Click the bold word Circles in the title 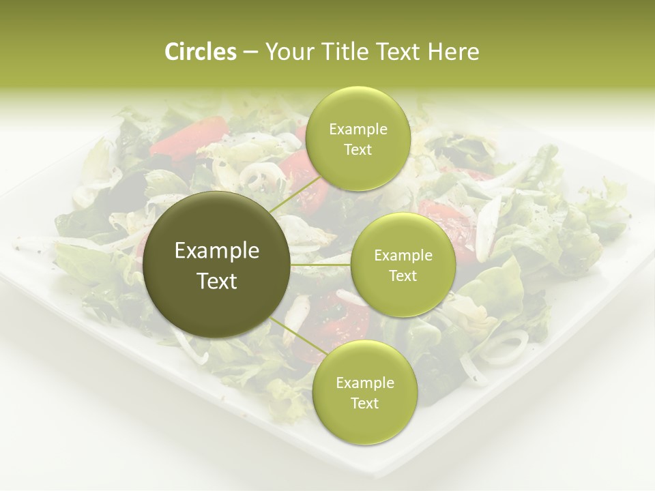[201, 52]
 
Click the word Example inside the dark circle [217, 251]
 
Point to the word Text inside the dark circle [217, 281]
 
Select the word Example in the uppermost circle [358, 130]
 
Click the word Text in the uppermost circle [358, 150]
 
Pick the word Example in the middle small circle [403, 256]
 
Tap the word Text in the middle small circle [403, 276]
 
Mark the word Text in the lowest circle [364, 403]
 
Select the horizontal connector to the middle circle [320, 265]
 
